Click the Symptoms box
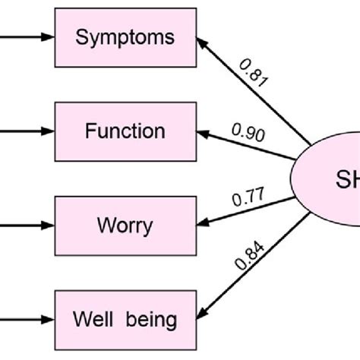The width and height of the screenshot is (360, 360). pyautogui.click(x=126, y=37)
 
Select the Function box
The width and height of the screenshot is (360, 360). pyautogui.click(x=126, y=131)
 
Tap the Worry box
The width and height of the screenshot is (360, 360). pyautogui.click(x=126, y=226)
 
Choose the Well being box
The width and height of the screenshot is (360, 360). pyautogui.click(x=126, y=320)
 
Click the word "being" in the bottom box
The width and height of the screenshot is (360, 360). pyautogui.click(x=152, y=321)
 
